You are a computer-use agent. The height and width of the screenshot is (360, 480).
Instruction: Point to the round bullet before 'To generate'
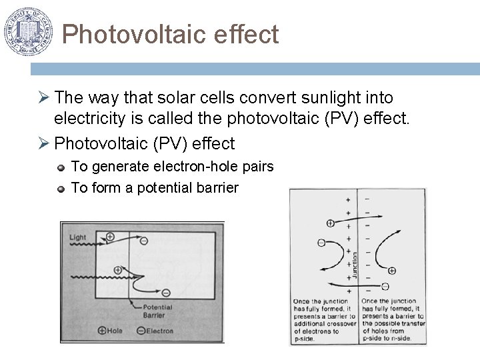point(61,167)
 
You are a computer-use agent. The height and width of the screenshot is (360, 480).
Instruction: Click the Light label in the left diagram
point(77,237)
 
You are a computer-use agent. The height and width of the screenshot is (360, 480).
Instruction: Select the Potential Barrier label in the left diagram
point(157,312)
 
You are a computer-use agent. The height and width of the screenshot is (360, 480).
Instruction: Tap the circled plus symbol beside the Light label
point(110,237)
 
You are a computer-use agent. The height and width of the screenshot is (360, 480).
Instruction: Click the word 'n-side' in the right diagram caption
point(400,339)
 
